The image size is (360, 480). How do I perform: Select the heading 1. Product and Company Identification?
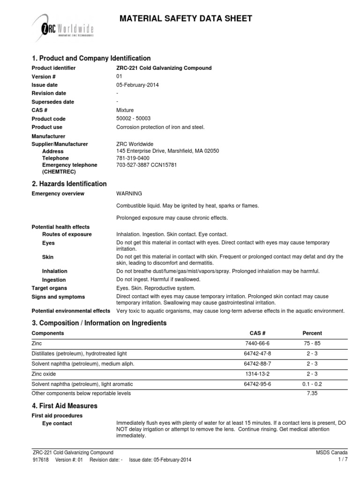coord(91,58)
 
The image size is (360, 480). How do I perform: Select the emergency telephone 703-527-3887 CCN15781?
coord(147,165)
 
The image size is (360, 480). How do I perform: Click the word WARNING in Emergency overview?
coord(129,194)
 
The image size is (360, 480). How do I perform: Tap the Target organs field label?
coord(49,288)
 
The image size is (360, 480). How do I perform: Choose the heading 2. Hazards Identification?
coord(69,184)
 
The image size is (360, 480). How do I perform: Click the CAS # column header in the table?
coord(258,333)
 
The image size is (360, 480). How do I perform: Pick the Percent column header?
coord(312,333)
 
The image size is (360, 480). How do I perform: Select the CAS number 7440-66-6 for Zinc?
coord(258,344)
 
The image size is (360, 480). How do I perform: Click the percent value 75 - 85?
coord(312,344)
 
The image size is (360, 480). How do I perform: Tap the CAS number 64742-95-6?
coord(258,383)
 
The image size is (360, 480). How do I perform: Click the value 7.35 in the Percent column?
coord(312,393)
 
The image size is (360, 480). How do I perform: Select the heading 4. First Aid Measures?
coord(64,405)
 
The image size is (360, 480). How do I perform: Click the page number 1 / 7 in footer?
coord(342,460)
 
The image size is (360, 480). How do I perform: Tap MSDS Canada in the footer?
coord(332,452)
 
